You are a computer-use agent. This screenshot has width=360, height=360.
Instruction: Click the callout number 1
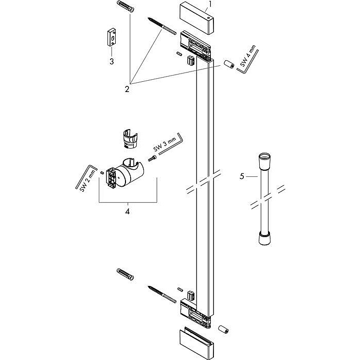[209, 6]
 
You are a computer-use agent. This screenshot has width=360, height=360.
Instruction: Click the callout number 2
[127, 88]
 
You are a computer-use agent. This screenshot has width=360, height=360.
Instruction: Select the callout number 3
[111, 61]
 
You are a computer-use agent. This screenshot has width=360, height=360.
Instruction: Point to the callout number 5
[242, 176]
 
